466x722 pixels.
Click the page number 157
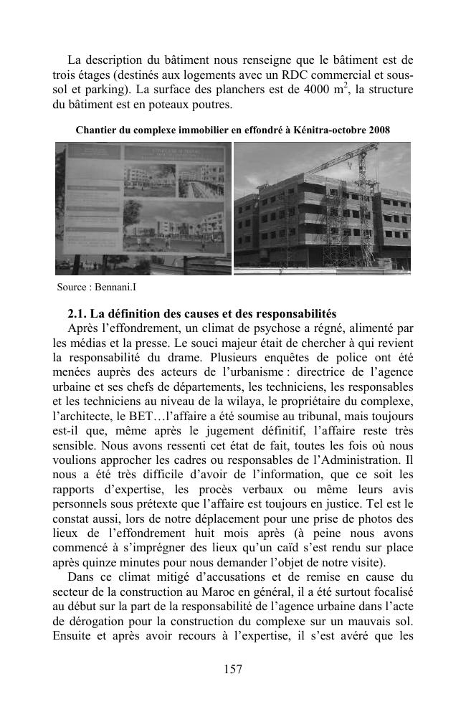233,670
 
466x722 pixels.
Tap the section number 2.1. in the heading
79,314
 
